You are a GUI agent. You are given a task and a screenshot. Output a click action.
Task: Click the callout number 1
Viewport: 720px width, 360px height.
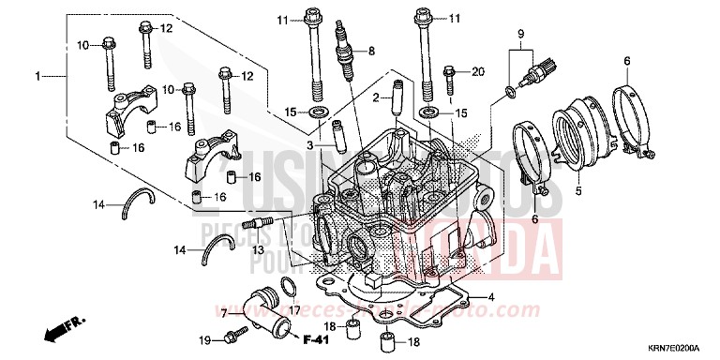[x=38, y=74]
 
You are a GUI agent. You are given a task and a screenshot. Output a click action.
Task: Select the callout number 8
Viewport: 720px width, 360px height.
[x=371, y=51]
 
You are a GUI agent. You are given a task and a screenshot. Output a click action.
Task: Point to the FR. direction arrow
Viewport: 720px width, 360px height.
[x=57, y=331]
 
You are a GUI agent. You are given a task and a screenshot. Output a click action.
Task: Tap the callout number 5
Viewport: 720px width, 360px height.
[x=578, y=191]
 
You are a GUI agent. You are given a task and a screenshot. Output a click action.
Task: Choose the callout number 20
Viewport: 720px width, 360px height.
[x=477, y=71]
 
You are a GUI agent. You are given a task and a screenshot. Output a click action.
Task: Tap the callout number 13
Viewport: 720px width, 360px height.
[x=255, y=250]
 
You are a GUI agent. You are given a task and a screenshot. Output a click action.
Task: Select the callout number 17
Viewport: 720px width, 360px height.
[x=293, y=310]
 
